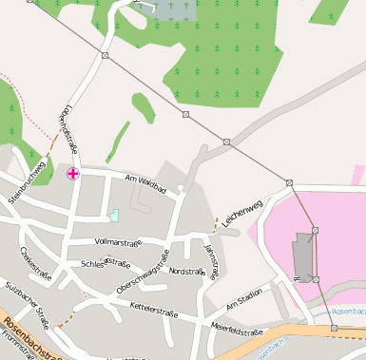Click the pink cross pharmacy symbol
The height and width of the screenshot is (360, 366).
[x=73, y=173]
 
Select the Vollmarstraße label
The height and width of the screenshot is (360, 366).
[x=118, y=243]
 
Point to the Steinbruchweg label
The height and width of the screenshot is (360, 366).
[x=27, y=181]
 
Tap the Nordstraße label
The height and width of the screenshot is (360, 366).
[x=186, y=272]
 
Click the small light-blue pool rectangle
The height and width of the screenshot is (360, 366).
[x=114, y=216]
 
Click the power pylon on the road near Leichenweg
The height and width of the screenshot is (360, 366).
[x=289, y=182]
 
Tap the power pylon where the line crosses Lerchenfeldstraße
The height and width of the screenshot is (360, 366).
[x=104, y=56]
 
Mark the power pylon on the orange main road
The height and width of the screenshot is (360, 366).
[x=334, y=328]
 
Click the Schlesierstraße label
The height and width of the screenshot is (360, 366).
[x=106, y=263]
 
